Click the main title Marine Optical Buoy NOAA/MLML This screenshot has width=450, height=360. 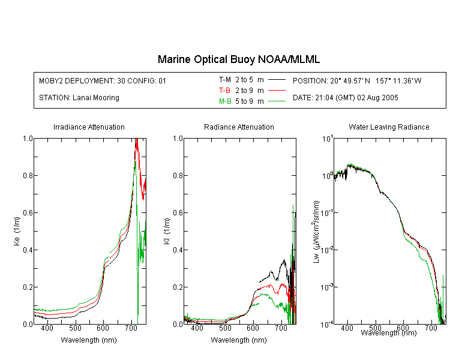pos(239,59)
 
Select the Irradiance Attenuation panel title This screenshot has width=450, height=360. pos(89,127)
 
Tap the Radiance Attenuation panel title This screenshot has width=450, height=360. pos(239,127)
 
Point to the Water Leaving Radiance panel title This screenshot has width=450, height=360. pos(389,127)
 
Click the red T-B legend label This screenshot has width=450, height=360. pos(224,91)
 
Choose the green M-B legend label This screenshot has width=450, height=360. pos(225,101)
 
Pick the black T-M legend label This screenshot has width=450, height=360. pos(225,80)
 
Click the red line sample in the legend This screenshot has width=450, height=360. pos(277,91)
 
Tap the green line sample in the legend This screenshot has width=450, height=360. pos(277,101)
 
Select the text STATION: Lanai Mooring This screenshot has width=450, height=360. pos(79,98)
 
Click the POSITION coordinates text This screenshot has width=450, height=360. pos(357,81)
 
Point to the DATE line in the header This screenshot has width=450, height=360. pos(345,98)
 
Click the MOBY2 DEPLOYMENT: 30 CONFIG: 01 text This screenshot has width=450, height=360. pos(103,81)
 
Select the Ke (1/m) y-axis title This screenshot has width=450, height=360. pos(17,232)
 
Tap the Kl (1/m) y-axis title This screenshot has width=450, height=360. pos(167,232)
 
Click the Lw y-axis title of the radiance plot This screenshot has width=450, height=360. pos(316,232)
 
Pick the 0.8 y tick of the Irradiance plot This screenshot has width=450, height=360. pos(28,175)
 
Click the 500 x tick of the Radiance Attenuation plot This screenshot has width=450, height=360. pos(225,328)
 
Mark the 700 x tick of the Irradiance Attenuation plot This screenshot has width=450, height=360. pos(131,328)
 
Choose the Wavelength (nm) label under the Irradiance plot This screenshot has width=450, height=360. pos(89,340)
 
